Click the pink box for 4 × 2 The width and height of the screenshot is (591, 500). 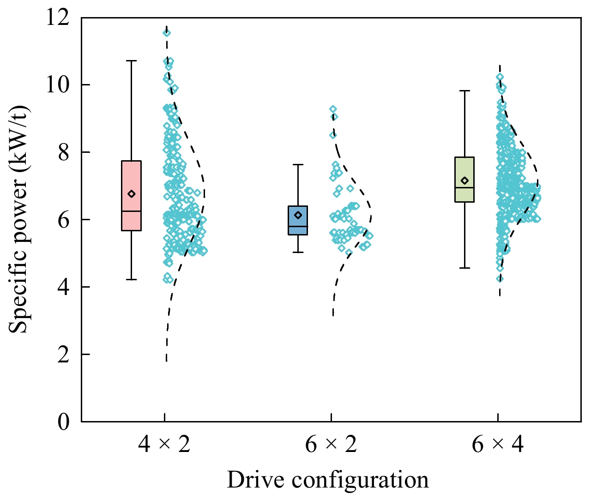tap(131, 217)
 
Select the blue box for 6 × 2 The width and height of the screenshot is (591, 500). tap(298, 226)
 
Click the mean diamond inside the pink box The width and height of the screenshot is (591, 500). tap(132, 194)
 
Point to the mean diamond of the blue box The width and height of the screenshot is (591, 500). tap(298, 215)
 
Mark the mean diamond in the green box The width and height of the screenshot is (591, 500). tap(465, 181)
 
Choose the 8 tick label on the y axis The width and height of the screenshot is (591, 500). tap(63, 152)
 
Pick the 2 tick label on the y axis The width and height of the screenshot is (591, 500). tap(63, 355)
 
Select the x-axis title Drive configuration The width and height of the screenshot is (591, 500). tap(328, 480)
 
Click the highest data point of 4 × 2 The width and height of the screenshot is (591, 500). tap(166, 32)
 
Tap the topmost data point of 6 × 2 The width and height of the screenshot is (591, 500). tap(333, 109)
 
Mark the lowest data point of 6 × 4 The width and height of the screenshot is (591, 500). tap(500, 278)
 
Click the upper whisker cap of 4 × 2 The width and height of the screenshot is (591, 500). tap(132, 60)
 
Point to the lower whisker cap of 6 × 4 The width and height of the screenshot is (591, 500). tap(464, 268)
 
